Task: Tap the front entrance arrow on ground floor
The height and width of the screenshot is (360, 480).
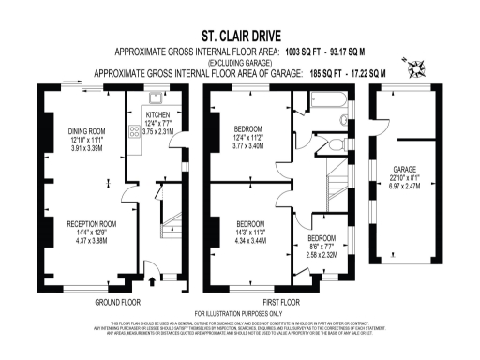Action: click(x=151, y=279)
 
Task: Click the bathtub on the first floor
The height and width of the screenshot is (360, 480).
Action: click(x=328, y=113)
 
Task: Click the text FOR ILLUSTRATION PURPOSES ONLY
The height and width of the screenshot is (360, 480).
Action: click(x=239, y=313)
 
